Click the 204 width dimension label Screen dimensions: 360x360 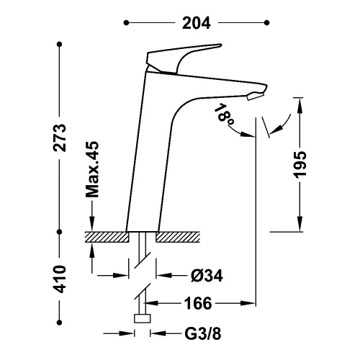click(x=197, y=23)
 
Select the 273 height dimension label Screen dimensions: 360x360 click(x=59, y=138)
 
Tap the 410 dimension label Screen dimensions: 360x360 click(x=59, y=279)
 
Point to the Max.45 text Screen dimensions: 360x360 click(x=92, y=169)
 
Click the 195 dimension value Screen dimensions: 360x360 click(x=300, y=165)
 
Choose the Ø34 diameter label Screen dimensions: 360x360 click(x=207, y=276)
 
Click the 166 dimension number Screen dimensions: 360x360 click(x=198, y=303)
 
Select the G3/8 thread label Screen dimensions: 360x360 click(x=203, y=333)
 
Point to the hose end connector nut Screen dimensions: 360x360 click(x=143, y=318)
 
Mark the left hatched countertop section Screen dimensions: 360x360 click(x=107, y=237)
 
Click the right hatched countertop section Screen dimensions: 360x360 click(x=178, y=237)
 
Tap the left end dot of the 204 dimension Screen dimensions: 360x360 click(x=126, y=23)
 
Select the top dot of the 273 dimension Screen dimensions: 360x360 click(x=60, y=45)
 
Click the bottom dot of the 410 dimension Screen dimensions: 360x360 click(x=60, y=323)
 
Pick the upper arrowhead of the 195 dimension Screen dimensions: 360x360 click(x=300, y=106)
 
